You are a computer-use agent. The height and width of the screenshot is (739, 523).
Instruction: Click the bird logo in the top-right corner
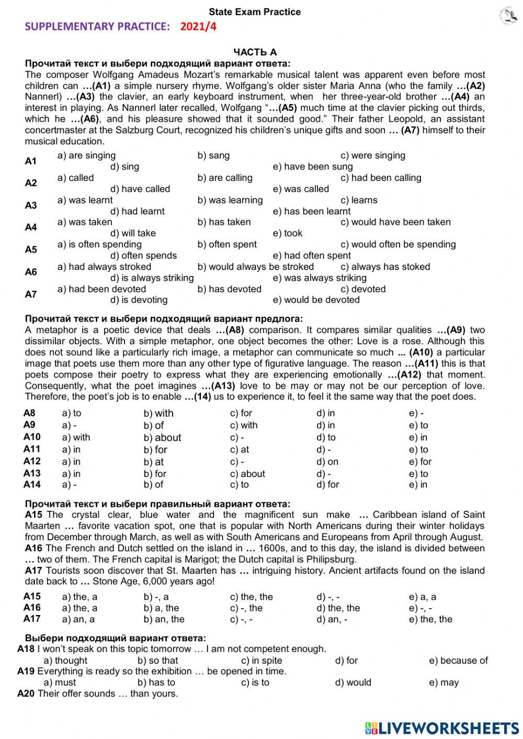pos(507,16)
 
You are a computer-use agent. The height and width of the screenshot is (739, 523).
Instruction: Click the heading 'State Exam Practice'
pos(255,12)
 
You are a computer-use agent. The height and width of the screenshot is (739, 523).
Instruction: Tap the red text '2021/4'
pos(198,27)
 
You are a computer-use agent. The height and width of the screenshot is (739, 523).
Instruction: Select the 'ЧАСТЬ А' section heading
pos(255,52)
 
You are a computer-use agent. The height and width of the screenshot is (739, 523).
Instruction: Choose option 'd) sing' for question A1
pos(124,167)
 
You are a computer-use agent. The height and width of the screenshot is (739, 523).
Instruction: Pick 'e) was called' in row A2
pos(301,189)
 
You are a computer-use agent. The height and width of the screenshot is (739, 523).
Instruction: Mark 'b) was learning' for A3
pos(230,200)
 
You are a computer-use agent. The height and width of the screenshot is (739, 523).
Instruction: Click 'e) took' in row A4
pos(287,233)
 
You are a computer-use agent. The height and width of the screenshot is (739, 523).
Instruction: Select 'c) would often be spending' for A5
pos(398,244)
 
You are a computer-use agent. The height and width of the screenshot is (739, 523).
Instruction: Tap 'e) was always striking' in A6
pos(320,278)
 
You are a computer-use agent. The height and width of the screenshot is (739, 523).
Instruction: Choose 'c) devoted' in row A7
pos(363,289)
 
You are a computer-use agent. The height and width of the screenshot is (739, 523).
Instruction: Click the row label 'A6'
pos(31,272)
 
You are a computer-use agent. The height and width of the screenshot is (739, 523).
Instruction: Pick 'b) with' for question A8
pos(158,413)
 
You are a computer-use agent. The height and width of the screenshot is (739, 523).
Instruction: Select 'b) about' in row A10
pos(162,438)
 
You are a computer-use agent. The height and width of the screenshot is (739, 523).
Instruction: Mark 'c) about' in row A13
pos(247,474)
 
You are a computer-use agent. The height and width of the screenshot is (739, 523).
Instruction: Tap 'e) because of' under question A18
pos(458,661)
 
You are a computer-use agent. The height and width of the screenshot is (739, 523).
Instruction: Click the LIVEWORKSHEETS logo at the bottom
pos(442,727)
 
